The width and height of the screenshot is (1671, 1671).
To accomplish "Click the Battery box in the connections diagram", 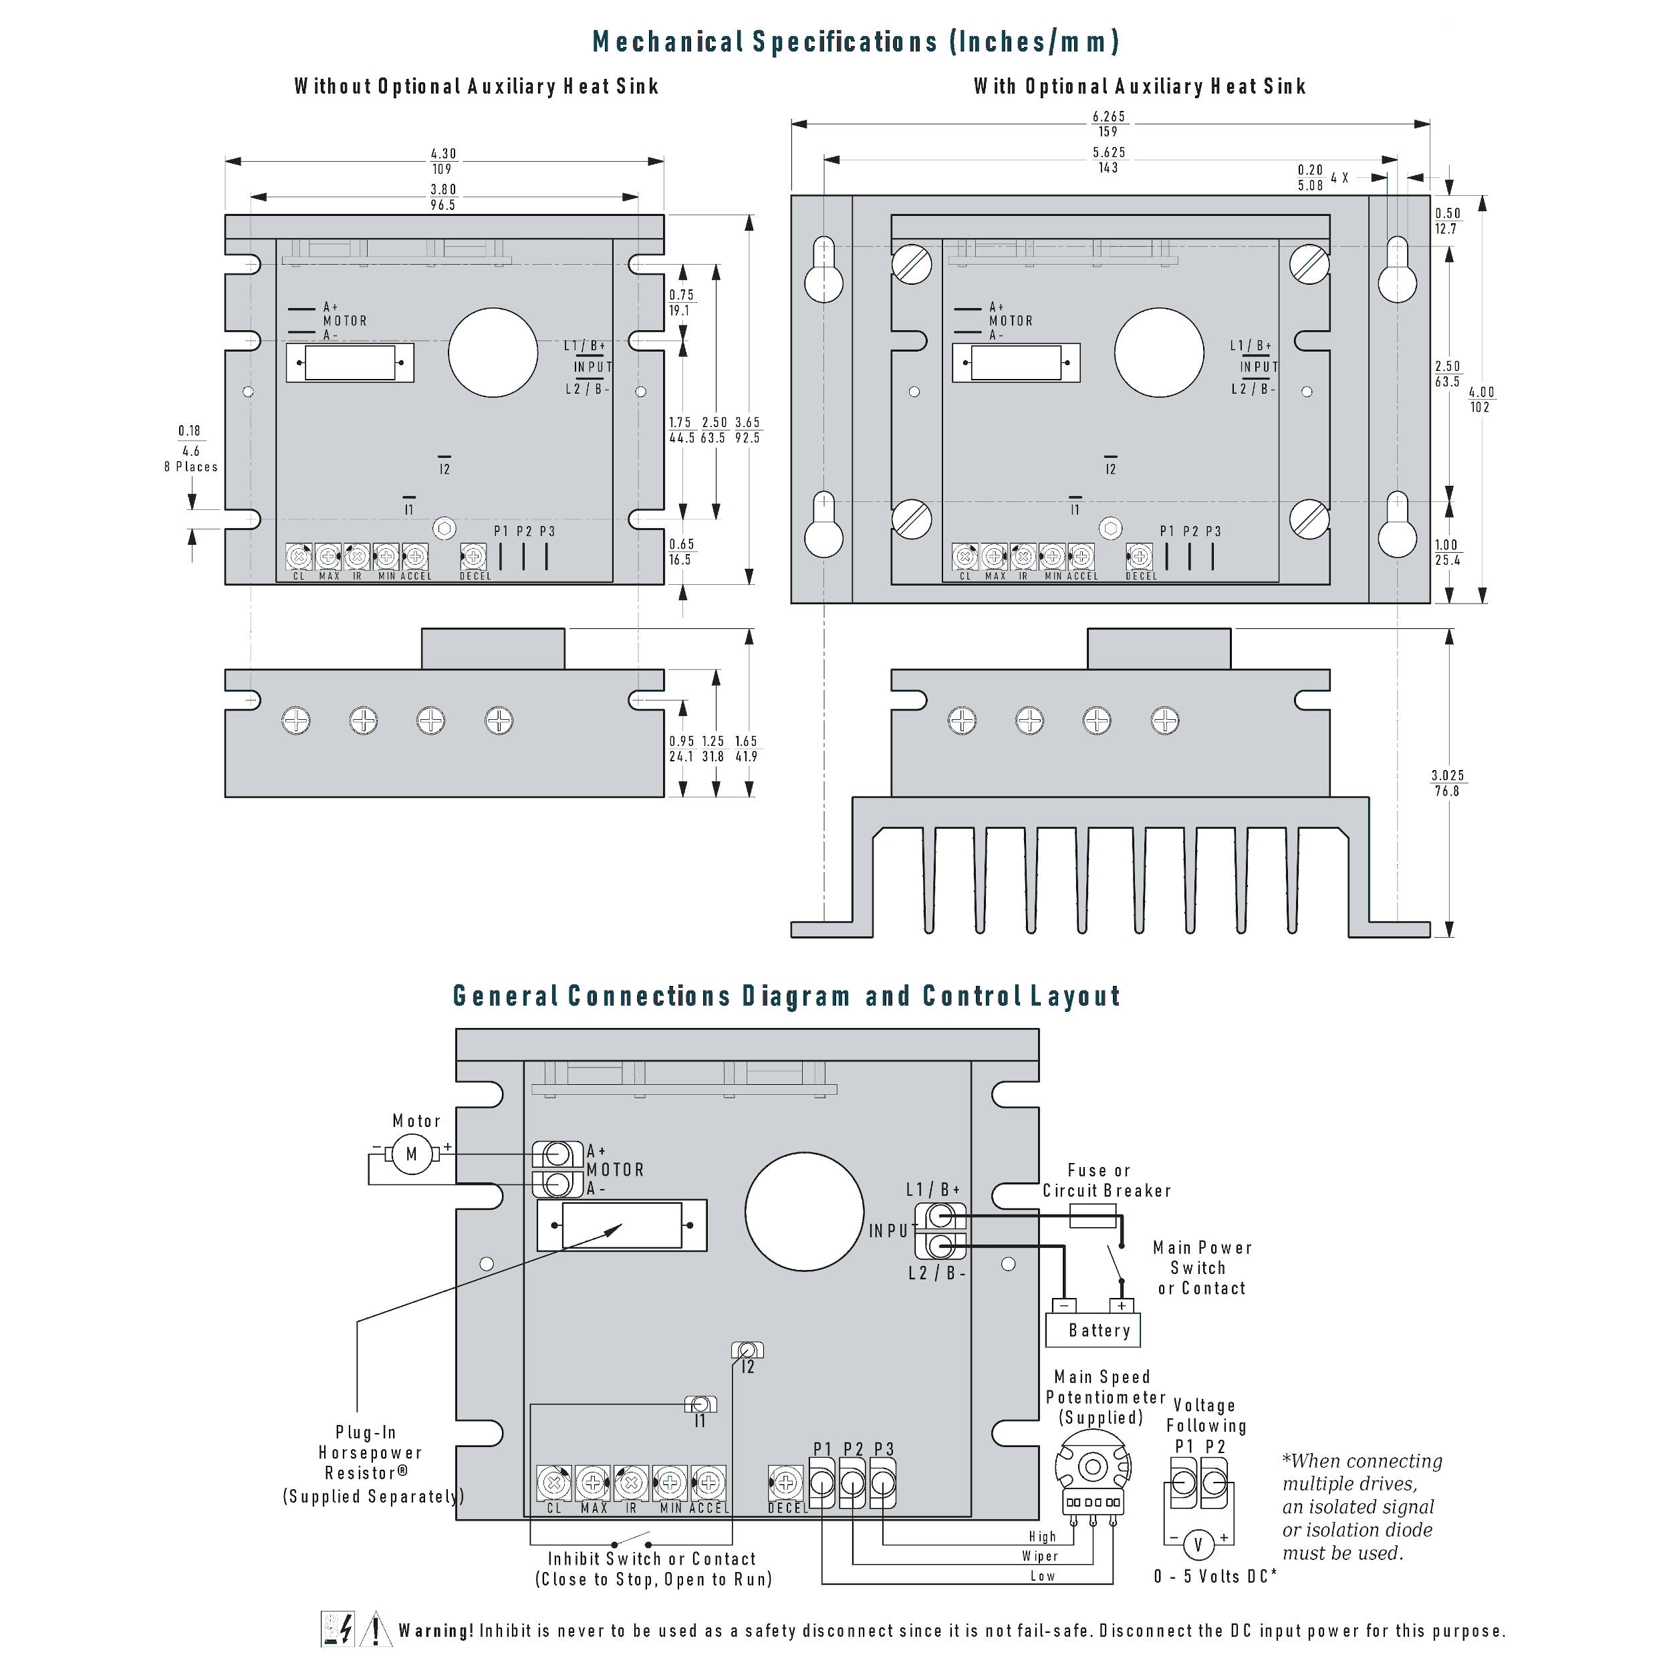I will click(1092, 1329).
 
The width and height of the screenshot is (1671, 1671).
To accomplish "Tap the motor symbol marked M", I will click(412, 1154).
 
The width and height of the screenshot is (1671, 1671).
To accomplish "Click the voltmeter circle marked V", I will click(1198, 1545).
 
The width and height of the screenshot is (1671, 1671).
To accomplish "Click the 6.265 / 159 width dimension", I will click(1109, 124).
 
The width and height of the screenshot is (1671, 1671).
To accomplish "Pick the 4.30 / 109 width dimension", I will click(443, 161).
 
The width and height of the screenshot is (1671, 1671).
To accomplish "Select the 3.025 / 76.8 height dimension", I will click(1447, 783).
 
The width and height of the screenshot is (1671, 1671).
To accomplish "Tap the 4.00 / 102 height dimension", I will click(1481, 399).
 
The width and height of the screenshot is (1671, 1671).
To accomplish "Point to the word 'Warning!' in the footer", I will click(435, 1631).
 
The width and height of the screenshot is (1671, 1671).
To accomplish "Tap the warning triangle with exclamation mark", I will click(376, 1630).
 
